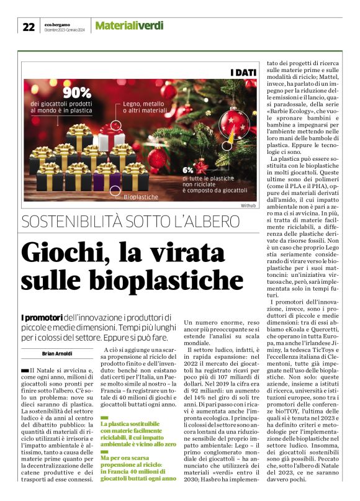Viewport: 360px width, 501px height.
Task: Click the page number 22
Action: point(29,25)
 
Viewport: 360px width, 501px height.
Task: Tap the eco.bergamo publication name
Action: point(61,23)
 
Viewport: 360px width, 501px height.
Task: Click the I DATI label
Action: point(243,73)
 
